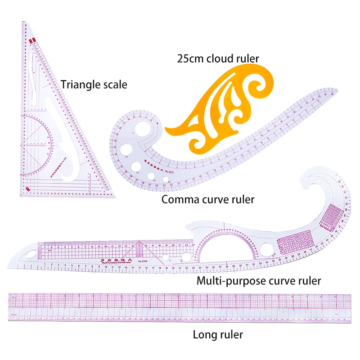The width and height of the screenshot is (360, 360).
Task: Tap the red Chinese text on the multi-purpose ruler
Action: (111, 260)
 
